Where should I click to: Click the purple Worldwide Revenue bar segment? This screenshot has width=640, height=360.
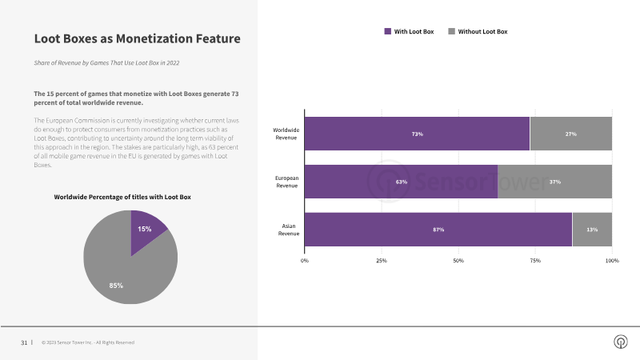(x=417, y=134)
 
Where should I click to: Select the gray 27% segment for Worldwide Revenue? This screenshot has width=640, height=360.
(x=571, y=134)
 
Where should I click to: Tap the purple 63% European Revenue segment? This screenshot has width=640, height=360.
(x=402, y=182)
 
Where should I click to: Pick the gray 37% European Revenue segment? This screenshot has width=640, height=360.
(x=555, y=182)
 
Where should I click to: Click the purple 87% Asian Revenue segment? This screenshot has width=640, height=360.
(x=438, y=230)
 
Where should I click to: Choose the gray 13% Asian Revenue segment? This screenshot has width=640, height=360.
(x=592, y=230)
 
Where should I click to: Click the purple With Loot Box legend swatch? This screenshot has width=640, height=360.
(x=388, y=31)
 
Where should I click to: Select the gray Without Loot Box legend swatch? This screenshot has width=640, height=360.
(x=451, y=31)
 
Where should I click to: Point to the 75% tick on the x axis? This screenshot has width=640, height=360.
(x=535, y=261)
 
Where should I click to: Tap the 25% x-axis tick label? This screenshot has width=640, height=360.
(x=382, y=261)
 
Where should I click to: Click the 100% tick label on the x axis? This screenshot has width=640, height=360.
(x=612, y=261)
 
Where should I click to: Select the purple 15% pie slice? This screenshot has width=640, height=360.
(x=145, y=230)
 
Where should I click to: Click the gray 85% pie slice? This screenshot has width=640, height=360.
(x=122, y=274)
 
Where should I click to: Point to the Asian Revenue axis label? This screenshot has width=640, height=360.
(x=289, y=230)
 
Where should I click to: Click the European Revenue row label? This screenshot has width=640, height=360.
(x=287, y=182)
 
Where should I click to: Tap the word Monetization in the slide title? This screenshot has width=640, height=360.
(x=154, y=38)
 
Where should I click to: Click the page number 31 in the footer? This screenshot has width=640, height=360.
(x=24, y=342)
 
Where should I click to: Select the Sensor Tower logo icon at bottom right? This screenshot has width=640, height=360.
(x=621, y=342)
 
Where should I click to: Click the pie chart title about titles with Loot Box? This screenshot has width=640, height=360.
(x=122, y=197)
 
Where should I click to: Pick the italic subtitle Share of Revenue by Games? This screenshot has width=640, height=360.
(x=106, y=63)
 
